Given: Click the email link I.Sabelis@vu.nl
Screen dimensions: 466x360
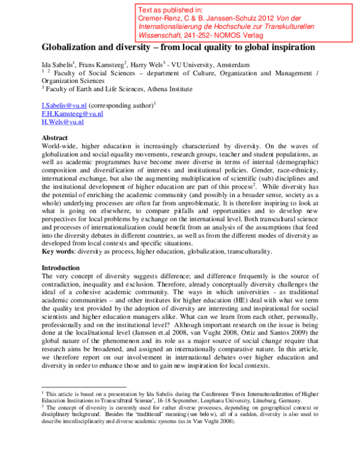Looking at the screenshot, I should coord(60,104).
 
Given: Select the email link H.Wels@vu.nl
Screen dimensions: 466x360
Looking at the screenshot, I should coord(62,121).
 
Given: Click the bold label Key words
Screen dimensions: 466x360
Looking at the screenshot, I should coord(57,251).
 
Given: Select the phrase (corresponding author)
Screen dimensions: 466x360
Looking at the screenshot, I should coord(122,104).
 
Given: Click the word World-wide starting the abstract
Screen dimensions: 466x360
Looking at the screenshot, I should coord(59,146).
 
